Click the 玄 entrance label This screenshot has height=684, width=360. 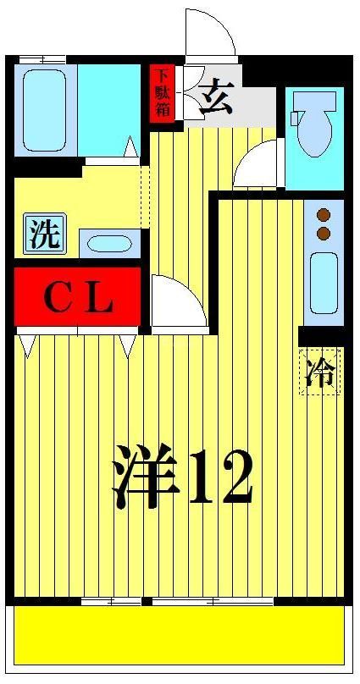click(x=214, y=99)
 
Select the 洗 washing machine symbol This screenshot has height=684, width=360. click(x=44, y=234)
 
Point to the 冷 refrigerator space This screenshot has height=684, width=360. click(x=320, y=372)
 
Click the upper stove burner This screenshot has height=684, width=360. click(x=323, y=215)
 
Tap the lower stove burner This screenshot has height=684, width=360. click(x=323, y=232)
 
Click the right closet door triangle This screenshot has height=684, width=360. click(x=128, y=344)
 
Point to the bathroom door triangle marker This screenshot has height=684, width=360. click(x=130, y=149)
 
